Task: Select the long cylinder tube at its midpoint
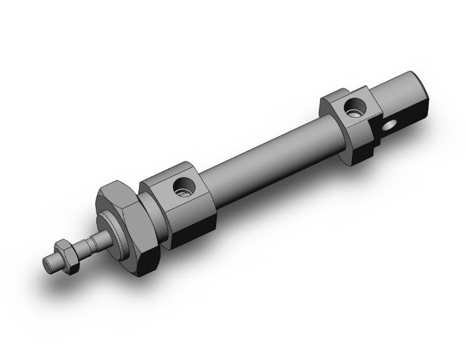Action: tap(269, 157)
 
